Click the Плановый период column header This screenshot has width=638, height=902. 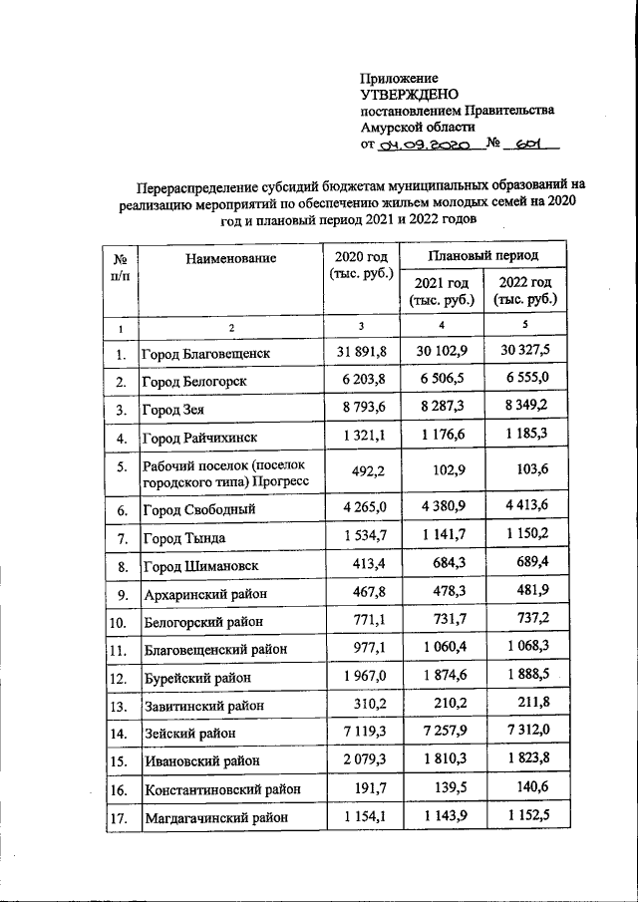(483, 255)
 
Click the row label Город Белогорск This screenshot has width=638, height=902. (193, 382)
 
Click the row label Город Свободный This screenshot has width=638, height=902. (199, 509)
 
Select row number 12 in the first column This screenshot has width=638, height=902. (119, 678)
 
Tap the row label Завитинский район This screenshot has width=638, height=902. (204, 706)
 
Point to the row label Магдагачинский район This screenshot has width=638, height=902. (216, 817)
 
